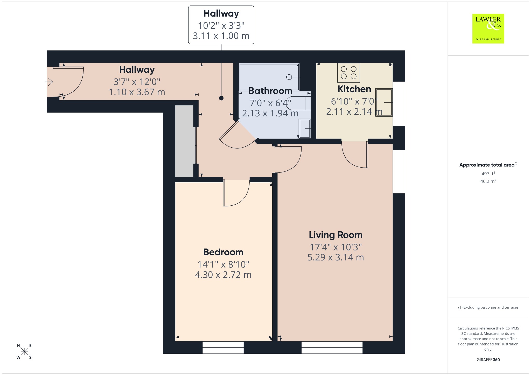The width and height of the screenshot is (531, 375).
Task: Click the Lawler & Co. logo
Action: click(488, 28)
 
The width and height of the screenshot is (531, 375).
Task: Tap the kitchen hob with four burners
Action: click(348, 73)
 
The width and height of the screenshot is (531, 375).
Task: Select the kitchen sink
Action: click(384, 102)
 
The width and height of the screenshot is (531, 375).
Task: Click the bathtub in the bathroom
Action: click(269, 77)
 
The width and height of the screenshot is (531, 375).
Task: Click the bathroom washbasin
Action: click(305, 128)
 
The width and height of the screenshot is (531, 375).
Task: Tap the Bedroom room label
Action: click(223, 252)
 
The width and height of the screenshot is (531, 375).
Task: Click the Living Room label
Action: click(336, 235)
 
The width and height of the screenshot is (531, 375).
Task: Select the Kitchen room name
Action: click(354, 89)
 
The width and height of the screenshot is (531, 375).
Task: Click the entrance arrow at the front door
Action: click(49, 82)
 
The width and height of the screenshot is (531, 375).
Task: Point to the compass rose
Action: click(24, 351)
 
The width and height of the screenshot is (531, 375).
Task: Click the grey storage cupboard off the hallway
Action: click(184, 141)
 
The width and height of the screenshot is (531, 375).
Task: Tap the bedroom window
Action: click(223, 348)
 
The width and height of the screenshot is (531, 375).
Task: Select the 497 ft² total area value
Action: click(488, 174)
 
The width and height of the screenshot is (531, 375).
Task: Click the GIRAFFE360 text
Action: click(488, 359)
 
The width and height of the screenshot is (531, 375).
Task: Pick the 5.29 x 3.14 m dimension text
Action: click(336, 257)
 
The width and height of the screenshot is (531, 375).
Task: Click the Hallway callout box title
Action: click(221, 13)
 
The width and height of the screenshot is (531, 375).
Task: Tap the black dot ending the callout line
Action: click(221, 98)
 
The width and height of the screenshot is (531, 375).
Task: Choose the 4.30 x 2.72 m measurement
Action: click(223, 275)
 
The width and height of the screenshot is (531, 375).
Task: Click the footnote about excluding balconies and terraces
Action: click(488, 307)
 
